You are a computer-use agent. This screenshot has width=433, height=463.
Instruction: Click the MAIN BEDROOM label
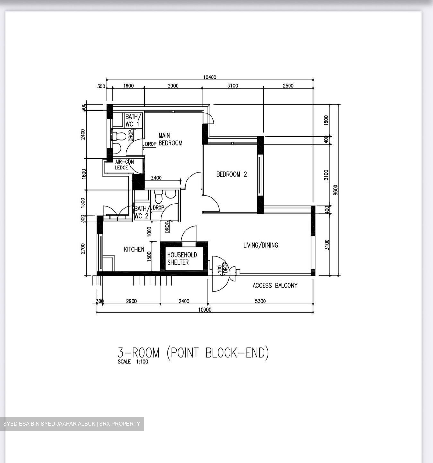click(170, 139)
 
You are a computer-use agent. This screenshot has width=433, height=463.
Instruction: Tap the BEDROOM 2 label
click(231, 174)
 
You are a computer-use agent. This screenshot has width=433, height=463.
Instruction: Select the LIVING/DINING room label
click(260, 245)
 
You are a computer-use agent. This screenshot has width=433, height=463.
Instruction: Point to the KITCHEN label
click(134, 249)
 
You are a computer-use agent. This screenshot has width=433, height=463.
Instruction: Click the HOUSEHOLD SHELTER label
click(182, 259)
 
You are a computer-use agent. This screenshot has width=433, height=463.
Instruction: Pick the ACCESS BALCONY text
click(275, 286)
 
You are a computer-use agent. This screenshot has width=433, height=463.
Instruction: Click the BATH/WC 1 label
click(132, 120)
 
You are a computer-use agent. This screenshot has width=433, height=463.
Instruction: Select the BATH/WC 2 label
click(141, 212)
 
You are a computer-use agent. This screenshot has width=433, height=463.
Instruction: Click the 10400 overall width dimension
click(210, 77)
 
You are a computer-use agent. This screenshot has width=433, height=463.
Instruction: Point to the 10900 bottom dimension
click(205, 310)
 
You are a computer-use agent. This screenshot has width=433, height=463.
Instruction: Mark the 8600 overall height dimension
click(336, 190)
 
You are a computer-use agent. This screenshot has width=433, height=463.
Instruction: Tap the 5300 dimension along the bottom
click(260, 301)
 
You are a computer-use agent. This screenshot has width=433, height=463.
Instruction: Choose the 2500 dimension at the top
click(288, 86)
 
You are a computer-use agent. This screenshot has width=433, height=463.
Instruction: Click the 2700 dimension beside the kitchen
click(83, 249)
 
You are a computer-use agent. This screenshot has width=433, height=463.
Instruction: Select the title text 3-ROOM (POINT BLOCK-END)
click(193, 353)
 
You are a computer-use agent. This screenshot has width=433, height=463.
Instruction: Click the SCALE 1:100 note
click(133, 362)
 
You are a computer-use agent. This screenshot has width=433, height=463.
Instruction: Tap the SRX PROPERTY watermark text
click(119, 424)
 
